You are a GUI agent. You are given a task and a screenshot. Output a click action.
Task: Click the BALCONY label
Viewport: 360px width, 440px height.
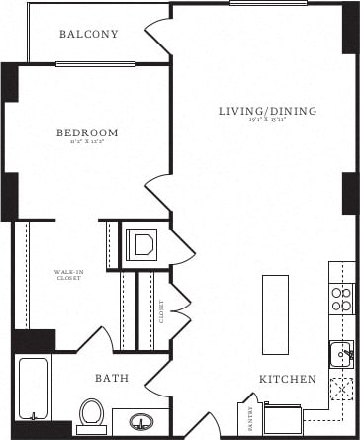pos(88,35)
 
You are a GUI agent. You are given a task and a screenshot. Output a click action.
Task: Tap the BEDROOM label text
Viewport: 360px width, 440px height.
pos(87,132)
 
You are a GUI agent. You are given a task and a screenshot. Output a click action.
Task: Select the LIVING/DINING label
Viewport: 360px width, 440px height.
pos(267,112)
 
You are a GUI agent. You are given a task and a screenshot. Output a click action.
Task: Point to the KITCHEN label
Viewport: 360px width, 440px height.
pos(288,379)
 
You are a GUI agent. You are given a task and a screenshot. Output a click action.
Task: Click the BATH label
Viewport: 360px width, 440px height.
pos(111,379)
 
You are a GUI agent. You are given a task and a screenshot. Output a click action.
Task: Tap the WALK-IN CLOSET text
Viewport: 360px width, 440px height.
pos(68,275)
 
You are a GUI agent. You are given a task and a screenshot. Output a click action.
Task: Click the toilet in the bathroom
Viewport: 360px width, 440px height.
pos(91,413)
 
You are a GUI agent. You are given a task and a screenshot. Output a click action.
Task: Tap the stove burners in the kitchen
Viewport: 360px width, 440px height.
pos(340,299)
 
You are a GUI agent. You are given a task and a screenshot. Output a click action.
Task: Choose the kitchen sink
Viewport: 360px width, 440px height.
pos(342,353)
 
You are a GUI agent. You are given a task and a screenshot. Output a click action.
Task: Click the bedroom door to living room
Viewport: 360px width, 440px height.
pos(158,194)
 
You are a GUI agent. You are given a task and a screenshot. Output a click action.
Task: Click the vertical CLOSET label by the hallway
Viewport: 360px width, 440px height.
pos(161,312)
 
